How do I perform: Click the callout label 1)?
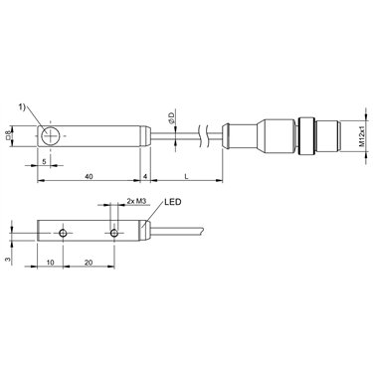pyautogui.click(x=22, y=107)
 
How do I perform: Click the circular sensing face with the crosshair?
pyautogui.click(x=51, y=136)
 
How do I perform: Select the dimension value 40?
pyautogui.click(x=89, y=177)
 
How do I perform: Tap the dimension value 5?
pyautogui.click(x=44, y=161)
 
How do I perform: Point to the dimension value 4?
pyautogui.click(x=145, y=177)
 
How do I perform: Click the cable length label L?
pyautogui.click(x=186, y=177)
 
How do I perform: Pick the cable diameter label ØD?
pyautogui.click(x=171, y=118)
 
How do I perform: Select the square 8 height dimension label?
pyautogui.click(x=7, y=135)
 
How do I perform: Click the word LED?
pyautogui.click(x=173, y=202)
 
